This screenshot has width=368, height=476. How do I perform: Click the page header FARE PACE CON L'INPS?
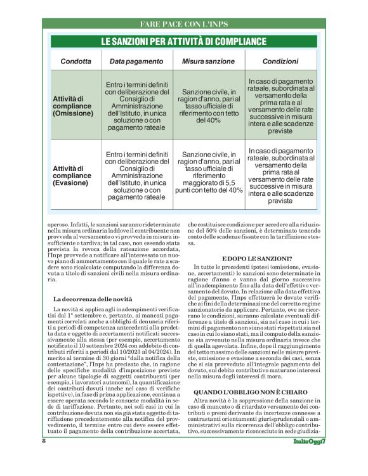(183, 25)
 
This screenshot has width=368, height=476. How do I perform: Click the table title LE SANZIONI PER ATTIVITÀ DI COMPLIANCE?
(183, 42)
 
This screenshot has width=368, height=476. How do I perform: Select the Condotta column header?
(75, 61)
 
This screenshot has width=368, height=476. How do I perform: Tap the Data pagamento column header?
(137, 61)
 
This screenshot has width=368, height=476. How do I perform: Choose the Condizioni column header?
(281, 61)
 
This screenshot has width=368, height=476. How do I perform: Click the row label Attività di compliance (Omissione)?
(74, 106)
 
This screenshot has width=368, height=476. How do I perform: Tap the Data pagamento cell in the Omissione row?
(137, 106)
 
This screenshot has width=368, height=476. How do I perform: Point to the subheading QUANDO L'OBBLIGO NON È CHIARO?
(247, 392)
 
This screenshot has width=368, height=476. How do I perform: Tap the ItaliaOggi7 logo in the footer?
(310, 459)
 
